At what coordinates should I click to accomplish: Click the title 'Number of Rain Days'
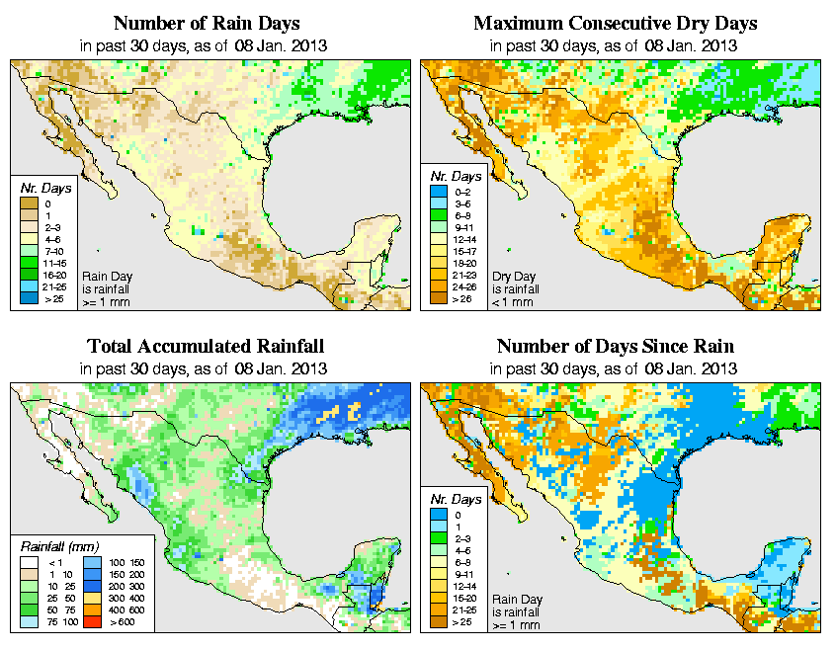coord(207,23)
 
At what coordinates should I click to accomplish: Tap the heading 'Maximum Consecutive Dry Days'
coord(616,23)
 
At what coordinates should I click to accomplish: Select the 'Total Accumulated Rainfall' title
coord(207,347)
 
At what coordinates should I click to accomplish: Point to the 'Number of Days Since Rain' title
coord(616,347)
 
